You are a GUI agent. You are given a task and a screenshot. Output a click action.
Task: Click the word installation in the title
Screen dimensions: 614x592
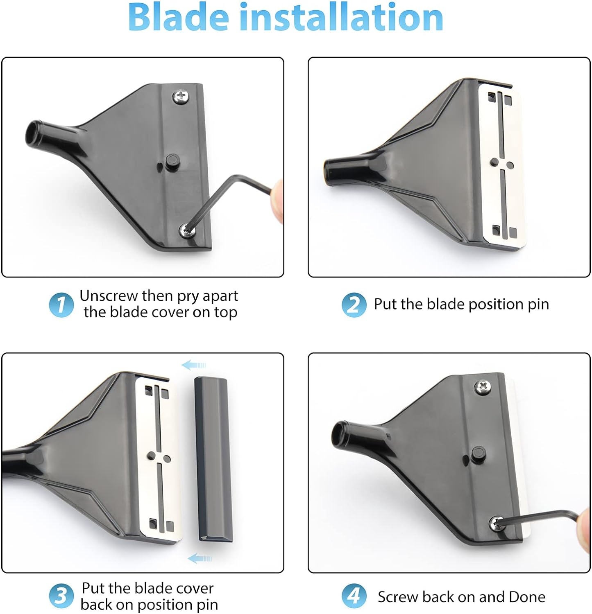click(341, 17)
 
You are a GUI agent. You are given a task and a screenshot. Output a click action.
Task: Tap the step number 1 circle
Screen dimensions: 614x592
click(61, 305)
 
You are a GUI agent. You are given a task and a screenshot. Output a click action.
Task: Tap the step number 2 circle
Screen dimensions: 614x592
click(354, 305)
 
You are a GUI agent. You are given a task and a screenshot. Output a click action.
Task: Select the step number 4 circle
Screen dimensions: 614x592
click(354, 596)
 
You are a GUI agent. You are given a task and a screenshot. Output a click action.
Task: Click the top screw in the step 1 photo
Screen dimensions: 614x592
click(180, 97)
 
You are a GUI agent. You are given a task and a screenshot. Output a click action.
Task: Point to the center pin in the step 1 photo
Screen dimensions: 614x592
click(172, 160)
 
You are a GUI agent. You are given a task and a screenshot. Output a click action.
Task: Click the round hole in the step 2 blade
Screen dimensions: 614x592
click(510, 165)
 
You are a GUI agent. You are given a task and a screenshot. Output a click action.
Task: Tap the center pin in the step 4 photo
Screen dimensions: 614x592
click(477, 453)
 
